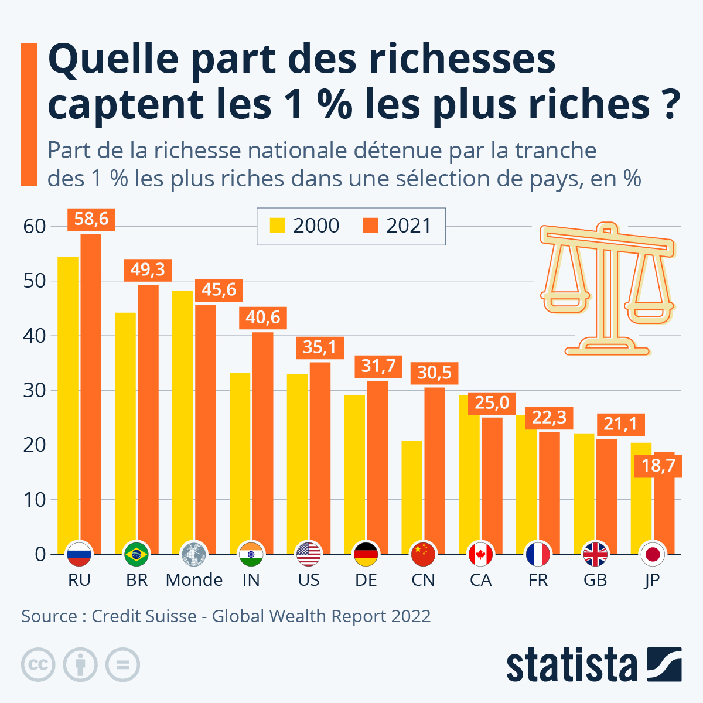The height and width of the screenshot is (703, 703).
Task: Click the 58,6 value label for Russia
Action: pos(91,219)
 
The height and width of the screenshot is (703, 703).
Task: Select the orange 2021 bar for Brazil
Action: pos(148,410)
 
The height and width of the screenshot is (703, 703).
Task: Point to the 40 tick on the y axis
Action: pos(35,336)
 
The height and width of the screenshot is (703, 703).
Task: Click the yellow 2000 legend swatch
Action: pos(277,226)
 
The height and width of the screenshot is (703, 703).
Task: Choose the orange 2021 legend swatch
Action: pos(370,226)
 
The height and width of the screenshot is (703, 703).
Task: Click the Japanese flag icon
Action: pos(651,554)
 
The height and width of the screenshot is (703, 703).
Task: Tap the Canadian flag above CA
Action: pos(480,554)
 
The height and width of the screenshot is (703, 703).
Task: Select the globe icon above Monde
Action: pos(194,554)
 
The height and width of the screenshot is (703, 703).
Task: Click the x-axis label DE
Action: pos(366,580)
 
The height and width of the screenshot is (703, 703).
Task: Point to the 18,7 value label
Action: pos(658,466)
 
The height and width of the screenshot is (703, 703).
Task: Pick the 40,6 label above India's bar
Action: pos(263,318)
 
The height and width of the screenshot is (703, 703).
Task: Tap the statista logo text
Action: pos(571,665)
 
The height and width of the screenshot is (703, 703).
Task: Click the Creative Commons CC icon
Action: pos(38,665)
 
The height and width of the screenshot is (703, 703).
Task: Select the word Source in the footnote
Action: pos(49,616)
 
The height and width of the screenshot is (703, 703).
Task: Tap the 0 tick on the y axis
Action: pos(40,554)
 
